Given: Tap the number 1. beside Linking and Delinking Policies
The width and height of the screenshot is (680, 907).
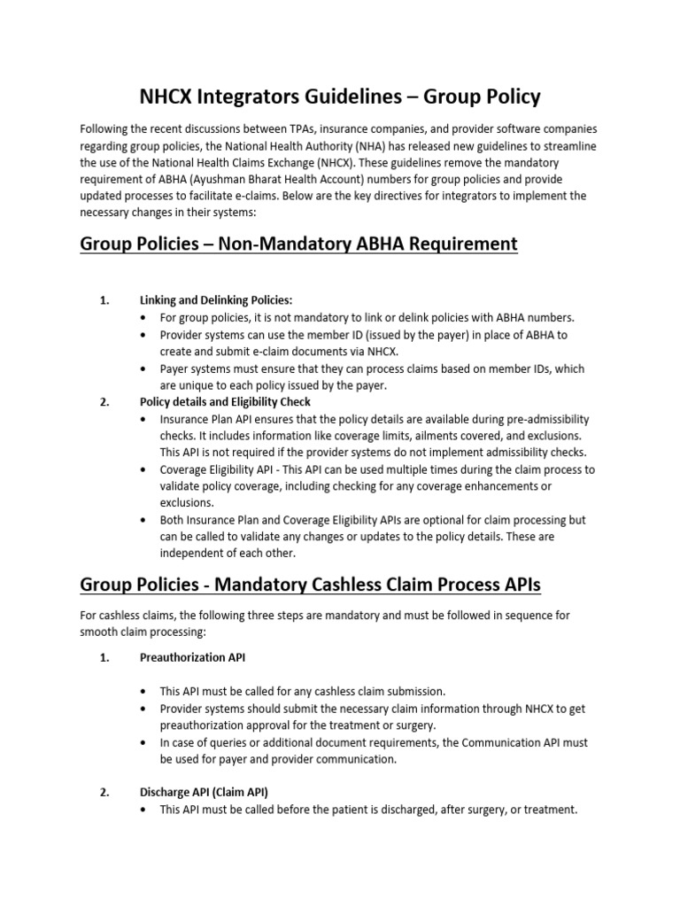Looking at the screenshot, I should pyautogui.click(x=104, y=300).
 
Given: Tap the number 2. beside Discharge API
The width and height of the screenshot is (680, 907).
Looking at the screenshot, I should pyautogui.click(x=104, y=792).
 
